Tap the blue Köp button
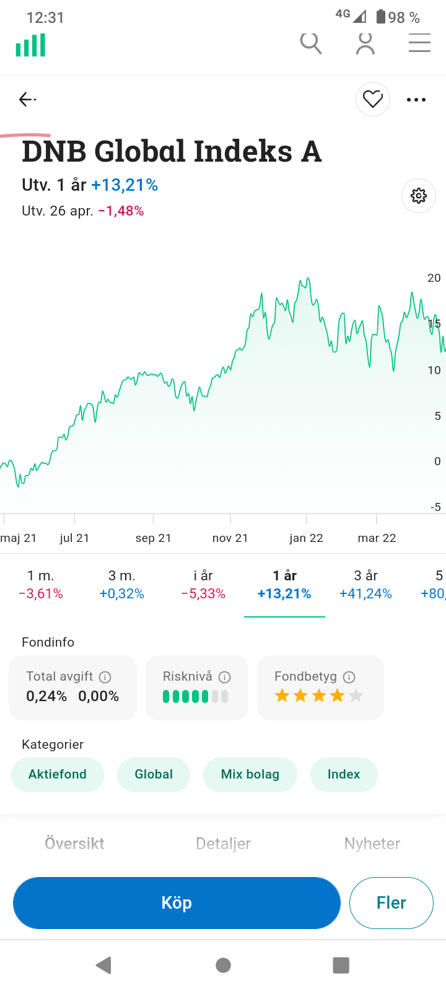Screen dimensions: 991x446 coord(177,902)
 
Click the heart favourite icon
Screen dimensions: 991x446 coord(373,99)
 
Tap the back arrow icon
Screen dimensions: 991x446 coord(27,99)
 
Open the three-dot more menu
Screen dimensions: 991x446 coord(416,99)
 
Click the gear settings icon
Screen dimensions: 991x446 coord(419,196)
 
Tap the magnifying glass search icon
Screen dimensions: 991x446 coord(310,43)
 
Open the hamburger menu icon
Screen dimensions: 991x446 coord(419,43)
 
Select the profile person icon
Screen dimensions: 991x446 coord(365,43)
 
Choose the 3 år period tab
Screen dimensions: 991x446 coord(365,585)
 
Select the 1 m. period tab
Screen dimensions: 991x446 coord(41,585)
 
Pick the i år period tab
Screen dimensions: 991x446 coord(203,585)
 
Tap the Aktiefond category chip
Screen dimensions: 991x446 coord(58,774)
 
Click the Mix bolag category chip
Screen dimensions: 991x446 coord(250,774)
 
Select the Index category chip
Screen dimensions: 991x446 coord(344,774)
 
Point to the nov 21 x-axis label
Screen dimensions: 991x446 coord(230,538)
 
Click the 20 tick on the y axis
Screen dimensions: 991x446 coord(434,278)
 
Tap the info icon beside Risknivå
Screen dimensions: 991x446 coord(225,677)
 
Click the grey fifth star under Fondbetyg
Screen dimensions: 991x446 coord(356,696)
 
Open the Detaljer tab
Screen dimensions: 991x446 coord(223,844)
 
